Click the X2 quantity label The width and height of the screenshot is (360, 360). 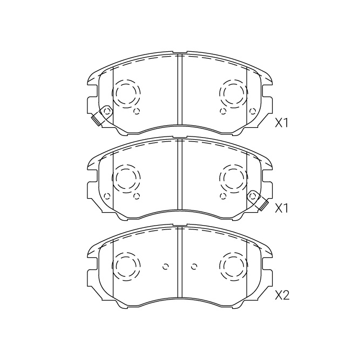(x=282, y=295)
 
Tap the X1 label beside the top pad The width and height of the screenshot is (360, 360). (x=281, y=124)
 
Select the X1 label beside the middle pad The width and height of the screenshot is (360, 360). (x=281, y=208)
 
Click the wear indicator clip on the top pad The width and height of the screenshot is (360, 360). (x=101, y=116)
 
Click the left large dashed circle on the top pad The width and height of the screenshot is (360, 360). (x=126, y=93)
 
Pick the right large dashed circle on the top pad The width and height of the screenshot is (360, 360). (x=234, y=93)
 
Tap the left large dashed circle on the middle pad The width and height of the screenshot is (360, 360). (x=126, y=178)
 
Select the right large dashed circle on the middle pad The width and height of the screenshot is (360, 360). (x=234, y=178)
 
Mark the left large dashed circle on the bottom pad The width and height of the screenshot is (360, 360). (x=126, y=266)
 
